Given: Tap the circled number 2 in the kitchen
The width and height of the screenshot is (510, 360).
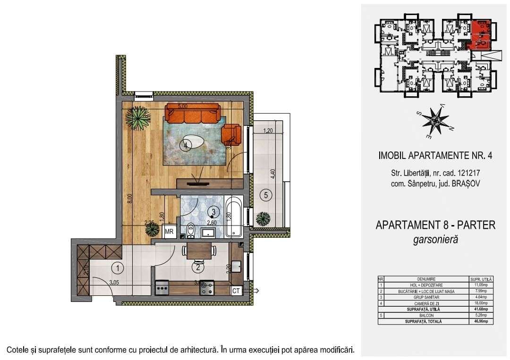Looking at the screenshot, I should [x=198, y=268].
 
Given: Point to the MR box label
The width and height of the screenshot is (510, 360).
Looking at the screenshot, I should [x=169, y=232].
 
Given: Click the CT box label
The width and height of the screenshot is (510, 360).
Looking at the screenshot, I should [x=236, y=291].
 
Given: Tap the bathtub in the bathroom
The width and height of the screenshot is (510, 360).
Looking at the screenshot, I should [x=235, y=218].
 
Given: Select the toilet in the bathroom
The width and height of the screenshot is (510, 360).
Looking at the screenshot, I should [x=191, y=230].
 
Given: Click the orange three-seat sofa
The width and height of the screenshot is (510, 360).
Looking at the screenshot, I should [x=192, y=114].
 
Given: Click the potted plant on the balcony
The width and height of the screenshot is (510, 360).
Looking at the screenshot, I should [x=261, y=219].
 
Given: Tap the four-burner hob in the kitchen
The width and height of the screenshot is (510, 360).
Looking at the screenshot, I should [x=207, y=288].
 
